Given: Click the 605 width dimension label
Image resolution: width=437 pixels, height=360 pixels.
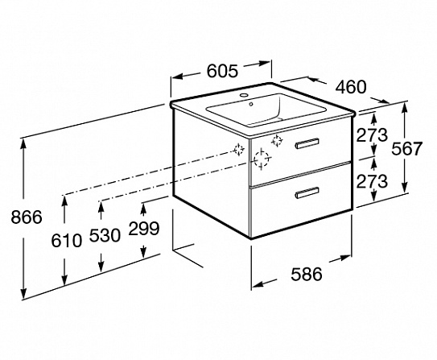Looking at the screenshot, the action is (x=222, y=71).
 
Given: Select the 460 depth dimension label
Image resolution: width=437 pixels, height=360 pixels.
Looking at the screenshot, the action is (x=350, y=87).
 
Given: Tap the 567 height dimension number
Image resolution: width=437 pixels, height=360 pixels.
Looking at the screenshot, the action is (x=407, y=148).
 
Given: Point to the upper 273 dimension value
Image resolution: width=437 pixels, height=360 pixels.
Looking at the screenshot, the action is (x=372, y=135).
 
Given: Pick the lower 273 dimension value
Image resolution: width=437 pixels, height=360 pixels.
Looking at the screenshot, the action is (x=372, y=181).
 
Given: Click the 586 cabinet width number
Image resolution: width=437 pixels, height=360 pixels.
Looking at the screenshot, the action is (x=307, y=274).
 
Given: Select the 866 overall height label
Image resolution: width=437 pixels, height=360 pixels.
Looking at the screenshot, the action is (x=27, y=217).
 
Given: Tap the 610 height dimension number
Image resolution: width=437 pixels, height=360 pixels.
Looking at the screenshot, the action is (x=67, y=240).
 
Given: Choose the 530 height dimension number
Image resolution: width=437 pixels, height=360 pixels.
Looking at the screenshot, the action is (x=105, y=235).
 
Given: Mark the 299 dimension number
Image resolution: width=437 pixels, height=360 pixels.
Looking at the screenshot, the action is (x=144, y=228).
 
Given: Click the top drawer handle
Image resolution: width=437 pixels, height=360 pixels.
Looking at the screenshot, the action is (x=307, y=143).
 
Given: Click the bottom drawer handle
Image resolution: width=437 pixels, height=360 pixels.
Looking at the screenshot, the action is (x=307, y=192).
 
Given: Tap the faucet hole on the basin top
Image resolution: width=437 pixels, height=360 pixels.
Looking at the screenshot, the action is (x=245, y=95).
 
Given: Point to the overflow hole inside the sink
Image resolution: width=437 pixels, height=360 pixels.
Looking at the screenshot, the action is (x=251, y=104).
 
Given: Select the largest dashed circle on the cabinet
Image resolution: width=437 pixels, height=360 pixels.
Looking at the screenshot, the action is (x=262, y=159).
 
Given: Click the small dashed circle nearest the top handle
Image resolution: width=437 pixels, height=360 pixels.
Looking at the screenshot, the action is (x=277, y=141).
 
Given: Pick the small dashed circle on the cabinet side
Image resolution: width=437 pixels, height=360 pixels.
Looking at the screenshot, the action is (x=239, y=150).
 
